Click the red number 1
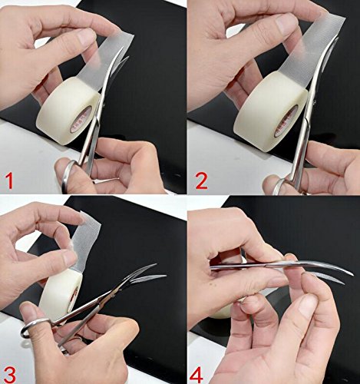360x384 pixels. click(x=9, y=180)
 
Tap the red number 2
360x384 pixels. click(x=201, y=180)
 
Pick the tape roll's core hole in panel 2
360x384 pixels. click(x=286, y=122)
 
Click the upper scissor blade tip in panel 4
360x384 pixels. click(x=353, y=275)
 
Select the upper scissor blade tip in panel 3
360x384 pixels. click(x=156, y=264)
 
